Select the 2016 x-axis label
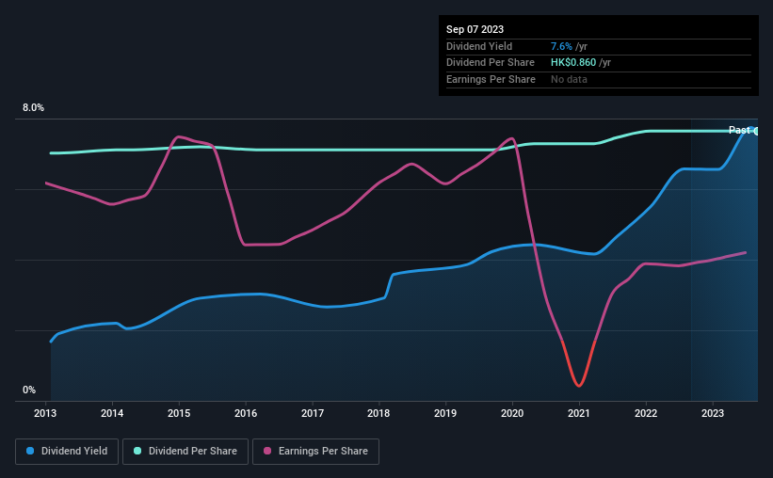pyautogui.click(x=246, y=412)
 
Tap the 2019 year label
pyautogui.click(x=445, y=412)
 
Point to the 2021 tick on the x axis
pyautogui.click(x=579, y=412)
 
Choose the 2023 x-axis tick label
pyautogui.click(x=713, y=412)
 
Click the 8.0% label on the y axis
pyautogui.click(x=34, y=108)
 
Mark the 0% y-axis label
pyautogui.click(x=29, y=390)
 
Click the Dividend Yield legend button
pyautogui.click(x=67, y=452)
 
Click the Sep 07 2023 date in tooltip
pyautogui.click(x=475, y=29)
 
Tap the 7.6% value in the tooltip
pyautogui.click(x=561, y=46)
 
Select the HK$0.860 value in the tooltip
pyautogui.click(x=572, y=62)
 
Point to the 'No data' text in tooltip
pyautogui.click(x=569, y=79)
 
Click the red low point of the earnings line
pyautogui.click(x=578, y=385)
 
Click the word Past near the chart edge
pyautogui.click(x=739, y=130)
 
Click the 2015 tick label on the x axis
pyautogui.click(x=179, y=412)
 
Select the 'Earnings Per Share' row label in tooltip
pyautogui.click(x=491, y=79)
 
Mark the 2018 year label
pyautogui.click(x=378, y=412)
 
